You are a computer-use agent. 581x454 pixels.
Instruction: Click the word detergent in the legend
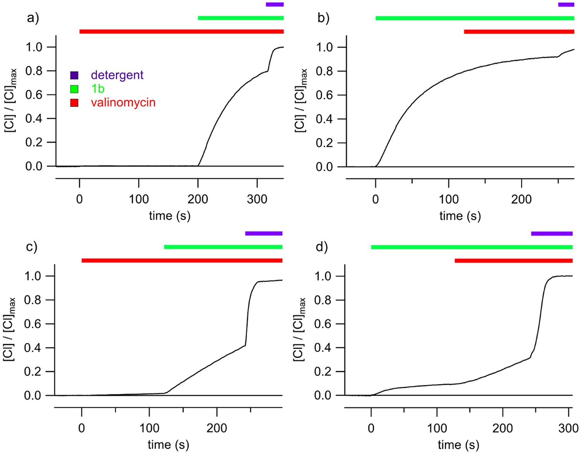point(117,75)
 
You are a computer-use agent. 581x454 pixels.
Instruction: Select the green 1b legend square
point(74,89)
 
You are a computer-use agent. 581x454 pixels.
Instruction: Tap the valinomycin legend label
point(123,103)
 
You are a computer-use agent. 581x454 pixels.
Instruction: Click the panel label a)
point(33,18)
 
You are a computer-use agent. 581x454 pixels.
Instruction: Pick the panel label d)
point(322,247)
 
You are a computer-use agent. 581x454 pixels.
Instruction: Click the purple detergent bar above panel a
point(275,4)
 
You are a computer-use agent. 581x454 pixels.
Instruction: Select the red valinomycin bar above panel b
point(519,32)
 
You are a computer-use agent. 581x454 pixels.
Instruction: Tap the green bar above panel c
point(223,247)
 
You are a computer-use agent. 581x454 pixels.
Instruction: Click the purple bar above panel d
point(552,233)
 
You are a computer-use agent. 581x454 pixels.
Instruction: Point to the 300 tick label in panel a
point(257,199)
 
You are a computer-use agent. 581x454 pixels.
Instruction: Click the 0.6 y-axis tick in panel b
point(325,95)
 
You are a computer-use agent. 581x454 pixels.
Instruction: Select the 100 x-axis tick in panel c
point(149,428)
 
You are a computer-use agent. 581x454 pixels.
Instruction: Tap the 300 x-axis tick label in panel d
point(568,428)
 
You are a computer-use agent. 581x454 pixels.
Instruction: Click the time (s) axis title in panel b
point(460,216)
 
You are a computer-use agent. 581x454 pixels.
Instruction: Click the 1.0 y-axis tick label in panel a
point(34,47)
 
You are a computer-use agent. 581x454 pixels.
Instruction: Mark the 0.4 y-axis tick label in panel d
point(323,348)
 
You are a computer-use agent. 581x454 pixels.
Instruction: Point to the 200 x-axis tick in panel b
point(521,199)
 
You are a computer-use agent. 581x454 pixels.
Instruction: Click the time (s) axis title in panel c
point(168,445)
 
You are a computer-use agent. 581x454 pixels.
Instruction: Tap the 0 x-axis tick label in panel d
point(371,428)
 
